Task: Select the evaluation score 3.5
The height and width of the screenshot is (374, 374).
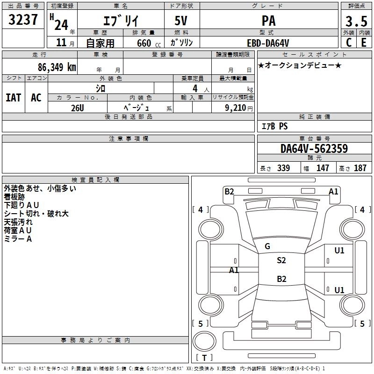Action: point(356,22)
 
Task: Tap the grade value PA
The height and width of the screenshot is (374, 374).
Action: point(269,21)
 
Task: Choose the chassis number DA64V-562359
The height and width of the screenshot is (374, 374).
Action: point(314,149)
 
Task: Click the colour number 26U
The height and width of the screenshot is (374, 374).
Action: point(77,108)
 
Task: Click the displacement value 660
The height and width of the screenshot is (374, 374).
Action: point(144,43)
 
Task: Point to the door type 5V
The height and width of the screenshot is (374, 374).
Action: point(182,21)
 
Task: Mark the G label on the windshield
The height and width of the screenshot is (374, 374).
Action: point(267,246)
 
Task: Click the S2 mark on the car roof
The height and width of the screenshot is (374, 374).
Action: point(281,260)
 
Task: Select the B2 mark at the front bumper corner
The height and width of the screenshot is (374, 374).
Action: point(229,191)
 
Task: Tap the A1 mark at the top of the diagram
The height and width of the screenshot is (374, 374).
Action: point(333,191)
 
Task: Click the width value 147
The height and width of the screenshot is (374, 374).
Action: point(323,168)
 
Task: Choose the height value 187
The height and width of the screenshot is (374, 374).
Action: point(360,168)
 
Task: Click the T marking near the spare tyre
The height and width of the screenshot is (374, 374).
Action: point(204,358)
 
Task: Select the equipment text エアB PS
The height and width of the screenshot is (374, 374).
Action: point(274,126)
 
